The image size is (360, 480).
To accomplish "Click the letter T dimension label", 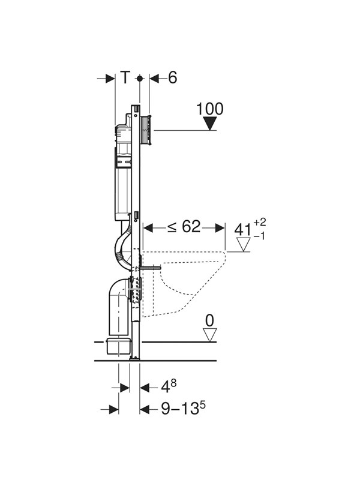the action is pos(125,78).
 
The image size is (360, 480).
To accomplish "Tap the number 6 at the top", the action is pos(173,78).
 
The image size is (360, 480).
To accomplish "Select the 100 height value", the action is pos(209,109).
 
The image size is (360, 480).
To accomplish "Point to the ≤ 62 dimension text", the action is pos(184,227).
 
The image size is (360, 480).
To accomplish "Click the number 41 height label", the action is pos(243,229).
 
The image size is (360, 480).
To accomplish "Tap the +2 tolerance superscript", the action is pos(260,221).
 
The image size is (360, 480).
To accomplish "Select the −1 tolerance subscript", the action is pos(259,236).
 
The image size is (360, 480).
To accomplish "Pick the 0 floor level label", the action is pos(209,320).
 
